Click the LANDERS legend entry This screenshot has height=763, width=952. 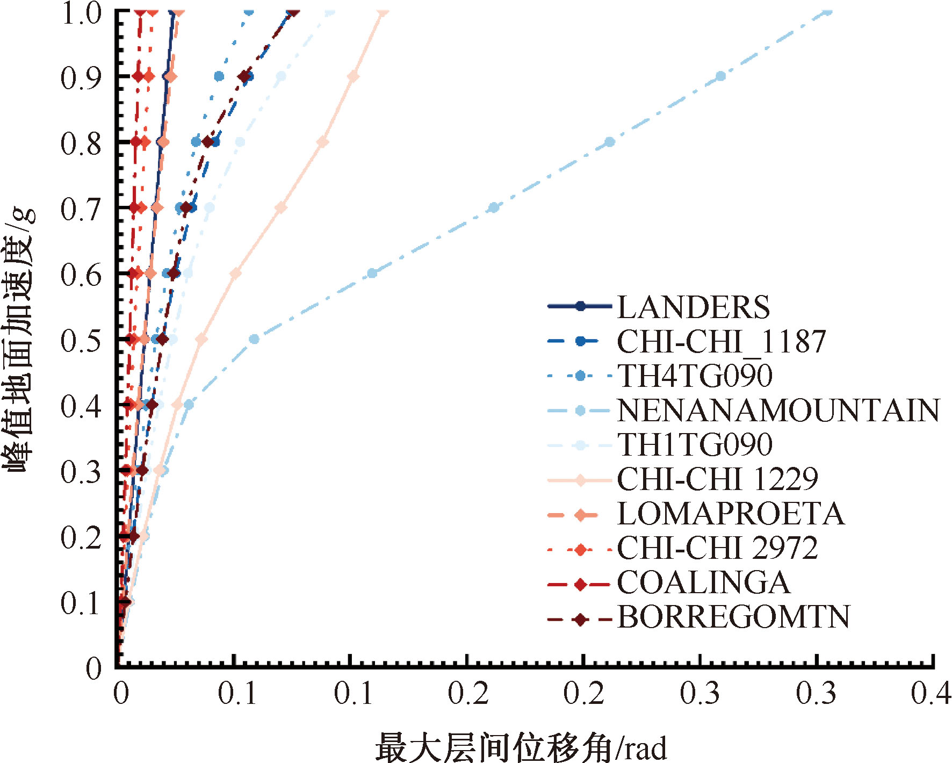point(693,307)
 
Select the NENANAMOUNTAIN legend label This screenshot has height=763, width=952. point(778,411)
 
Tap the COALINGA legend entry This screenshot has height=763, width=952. point(703,582)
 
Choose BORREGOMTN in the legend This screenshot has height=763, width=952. point(733,617)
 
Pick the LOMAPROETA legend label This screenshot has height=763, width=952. point(730,514)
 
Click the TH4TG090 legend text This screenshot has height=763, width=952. point(695,376)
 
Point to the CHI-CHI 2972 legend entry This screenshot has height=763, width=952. point(717,548)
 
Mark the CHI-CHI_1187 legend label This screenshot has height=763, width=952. point(721,342)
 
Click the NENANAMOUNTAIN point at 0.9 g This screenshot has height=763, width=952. point(721,76)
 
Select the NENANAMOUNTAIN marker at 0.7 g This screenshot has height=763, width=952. point(494,207)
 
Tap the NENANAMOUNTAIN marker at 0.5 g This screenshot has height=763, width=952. point(255,339)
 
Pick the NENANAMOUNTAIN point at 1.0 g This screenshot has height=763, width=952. point(828,11)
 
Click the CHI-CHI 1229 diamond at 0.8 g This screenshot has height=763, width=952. point(323,142)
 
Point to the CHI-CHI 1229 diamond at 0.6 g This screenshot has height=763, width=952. point(235,273)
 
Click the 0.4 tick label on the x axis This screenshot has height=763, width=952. point(931,693)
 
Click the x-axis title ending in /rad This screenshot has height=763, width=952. point(521,747)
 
